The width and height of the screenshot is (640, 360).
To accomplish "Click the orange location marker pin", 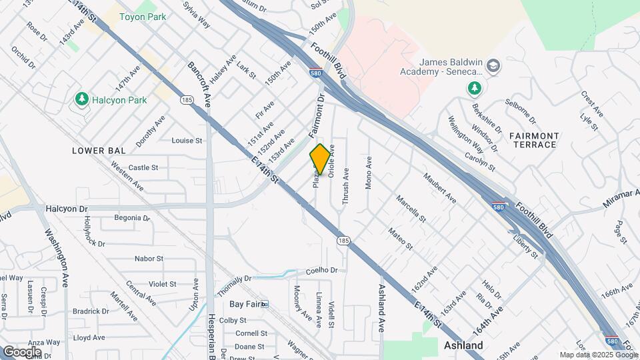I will click(320, 159).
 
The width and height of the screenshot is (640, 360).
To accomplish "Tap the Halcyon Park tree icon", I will click(82, 99).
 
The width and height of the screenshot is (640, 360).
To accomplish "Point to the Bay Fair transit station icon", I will click(265, 304).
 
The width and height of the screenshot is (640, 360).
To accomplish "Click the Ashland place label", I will click(463, 345).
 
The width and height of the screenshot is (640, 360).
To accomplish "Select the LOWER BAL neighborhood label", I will click(99, 151).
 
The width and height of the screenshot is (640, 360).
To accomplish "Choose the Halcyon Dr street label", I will click(67, 209).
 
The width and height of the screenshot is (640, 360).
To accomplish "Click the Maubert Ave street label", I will click(440, 187).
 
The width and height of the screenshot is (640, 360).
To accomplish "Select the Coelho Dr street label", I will click(323, 270).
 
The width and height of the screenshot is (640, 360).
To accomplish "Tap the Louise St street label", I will click(187, 141).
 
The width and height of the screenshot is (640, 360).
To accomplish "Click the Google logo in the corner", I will click(22, 351).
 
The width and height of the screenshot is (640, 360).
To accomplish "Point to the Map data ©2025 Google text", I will click(599, 355).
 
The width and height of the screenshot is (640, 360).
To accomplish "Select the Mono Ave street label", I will click(368, 173).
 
